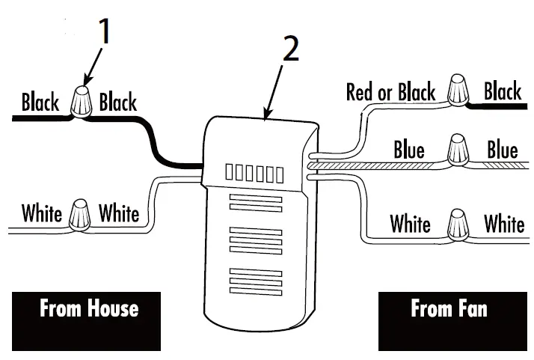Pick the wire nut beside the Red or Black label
459,91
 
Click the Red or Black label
390,93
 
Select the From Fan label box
448,321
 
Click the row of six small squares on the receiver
254,174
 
